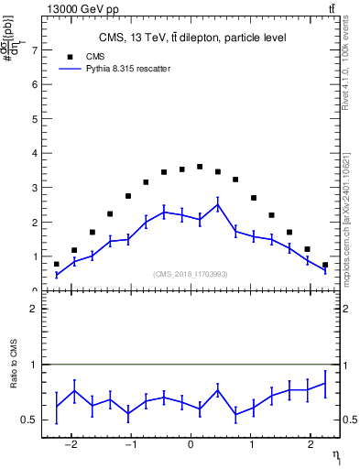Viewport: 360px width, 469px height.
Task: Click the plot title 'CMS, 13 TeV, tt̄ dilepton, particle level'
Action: pyautogui.click(x=191, y=38)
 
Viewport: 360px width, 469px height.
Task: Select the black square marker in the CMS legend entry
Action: pyautogui.click(x=69, y=55)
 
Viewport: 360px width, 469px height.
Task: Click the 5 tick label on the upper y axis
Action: pyautogui.click(x=35, y=119)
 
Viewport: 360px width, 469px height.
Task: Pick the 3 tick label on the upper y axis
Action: pyautogui.click(x=35, y=188)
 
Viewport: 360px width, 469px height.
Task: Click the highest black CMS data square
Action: pyautogui.click(x=200, y=167)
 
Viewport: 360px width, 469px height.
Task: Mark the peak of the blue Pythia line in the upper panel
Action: pyautogui.click(x=217, y=204)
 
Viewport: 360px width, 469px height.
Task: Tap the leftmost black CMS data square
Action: pyautogui.click(x=57, y=264)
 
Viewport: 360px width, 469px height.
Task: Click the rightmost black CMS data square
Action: pyautogui.click(x=325, y=265)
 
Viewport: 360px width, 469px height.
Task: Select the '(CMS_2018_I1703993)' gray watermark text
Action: pyautogui.click(x=191, y=274)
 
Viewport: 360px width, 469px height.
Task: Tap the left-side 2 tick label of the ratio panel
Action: pyautogui.click(x=35, y=310)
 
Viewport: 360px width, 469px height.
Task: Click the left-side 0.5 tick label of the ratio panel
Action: pyautogui.click(x=31, y=420)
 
